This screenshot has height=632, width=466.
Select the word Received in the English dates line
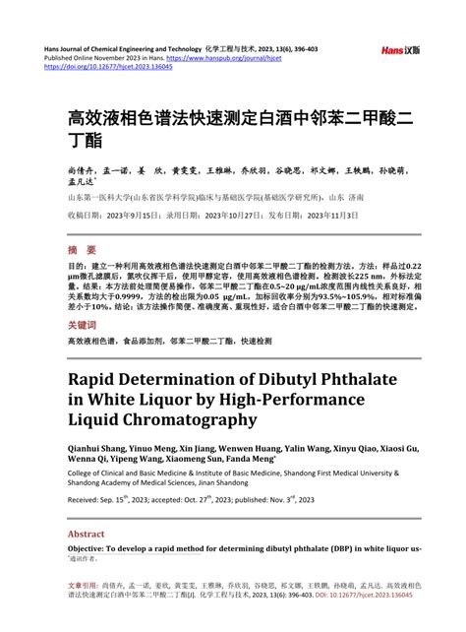point(87,500)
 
